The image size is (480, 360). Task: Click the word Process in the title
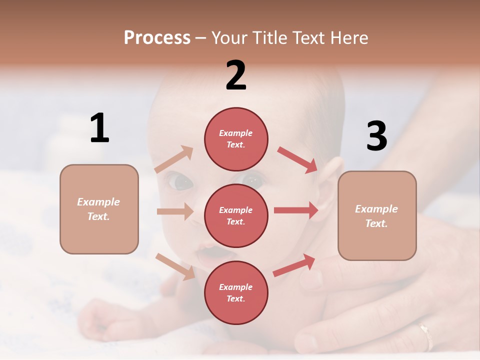[157, 37]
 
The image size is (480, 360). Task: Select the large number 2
[236, 75]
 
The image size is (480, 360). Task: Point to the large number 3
[376, 136]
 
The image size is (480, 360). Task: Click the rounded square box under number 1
[99, 209]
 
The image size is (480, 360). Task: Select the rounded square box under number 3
[377, 215]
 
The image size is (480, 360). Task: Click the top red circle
[236, 138]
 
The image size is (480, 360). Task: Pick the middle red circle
[236, 215]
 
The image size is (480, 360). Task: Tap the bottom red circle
[236, 292]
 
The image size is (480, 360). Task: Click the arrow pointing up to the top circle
[174, 159]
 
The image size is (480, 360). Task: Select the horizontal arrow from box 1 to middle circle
[175, 211]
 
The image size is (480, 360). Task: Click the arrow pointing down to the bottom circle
[175, 266]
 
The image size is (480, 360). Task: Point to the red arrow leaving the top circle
[297, 159]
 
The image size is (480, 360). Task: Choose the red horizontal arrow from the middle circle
[296, 210]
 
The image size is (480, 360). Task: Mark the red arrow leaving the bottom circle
[294, 265]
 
